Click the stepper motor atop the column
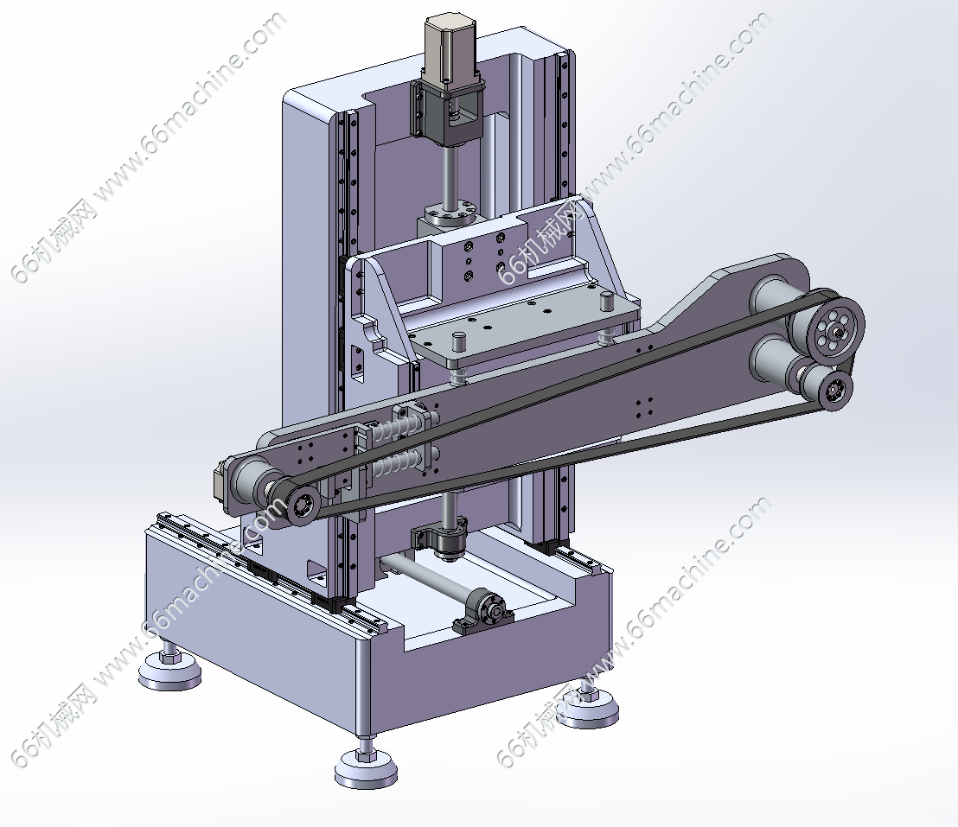pyautogui.click(x=450, y=50)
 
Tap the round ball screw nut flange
pyautogui.click(x=449, y=214)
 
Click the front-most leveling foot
pyautogui.click(x=366, y=762)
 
